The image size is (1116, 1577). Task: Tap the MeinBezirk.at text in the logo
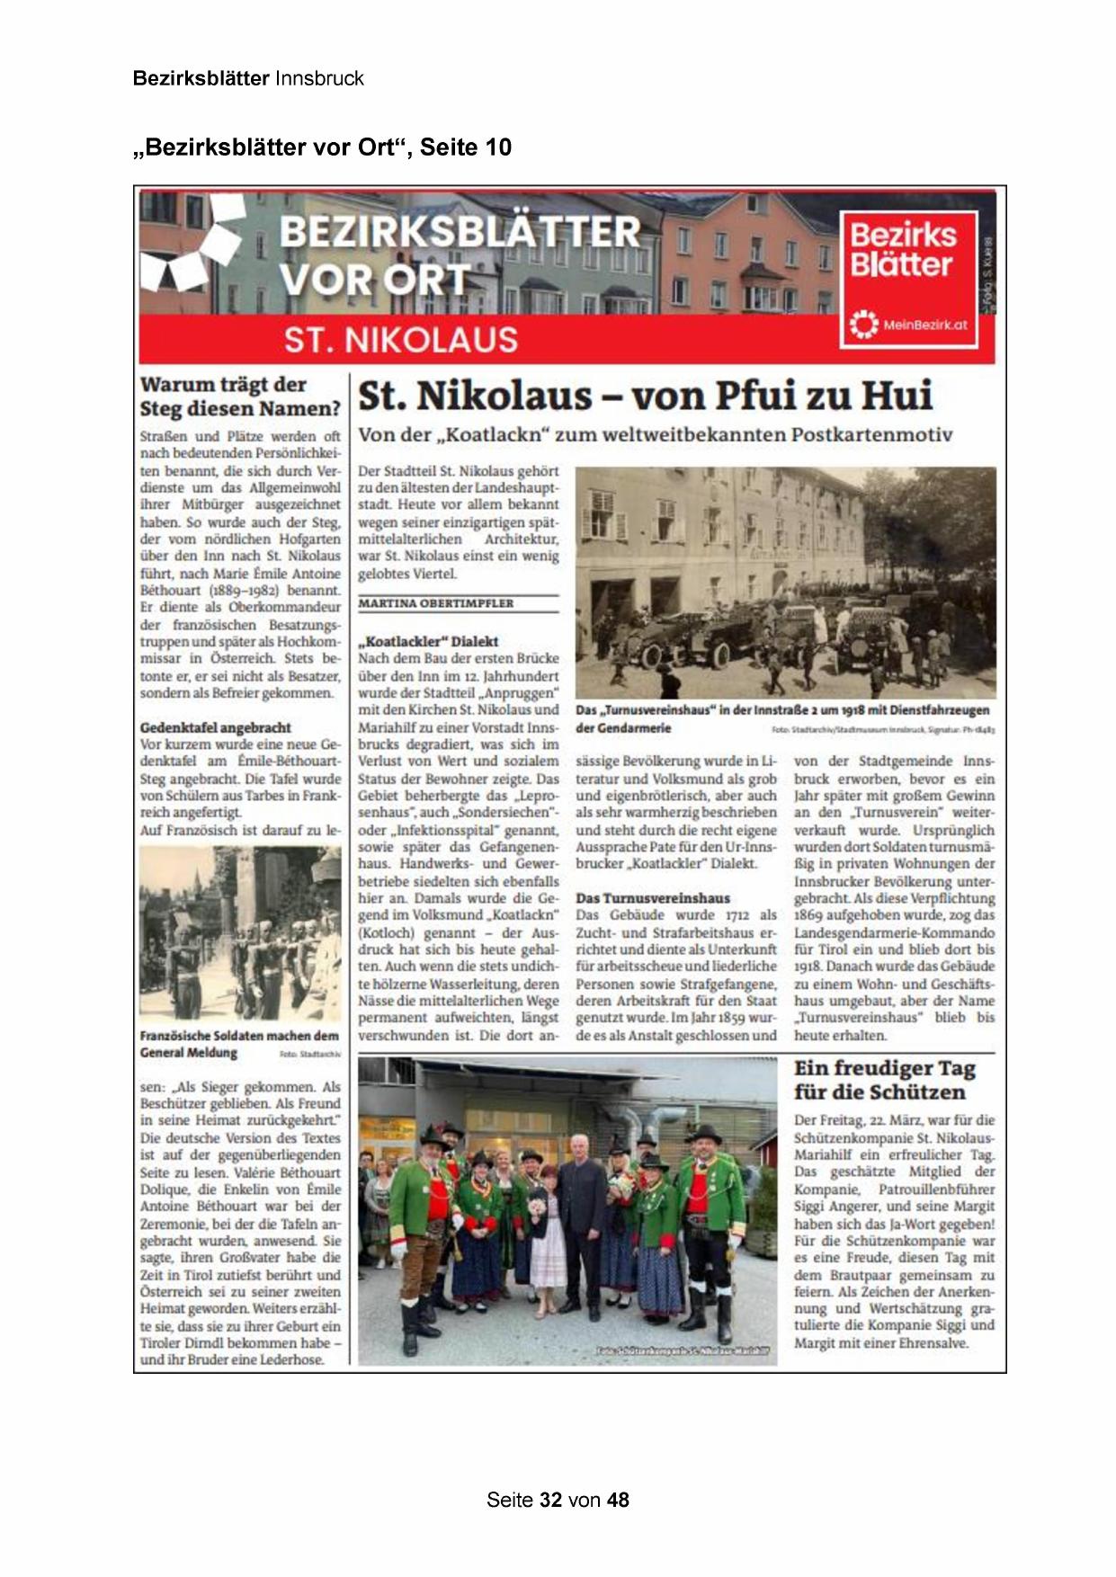click(x=924, y=325)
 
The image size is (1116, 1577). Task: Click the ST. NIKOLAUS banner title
click(x=401, y=340)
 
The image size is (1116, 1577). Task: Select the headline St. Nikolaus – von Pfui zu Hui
click(x=645, y=396)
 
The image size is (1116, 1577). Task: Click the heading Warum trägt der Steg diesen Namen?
click(x=240, y=396)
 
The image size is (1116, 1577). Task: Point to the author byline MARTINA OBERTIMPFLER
click(x=436, y=603)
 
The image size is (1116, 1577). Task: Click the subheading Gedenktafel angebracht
click(x=216, y=727)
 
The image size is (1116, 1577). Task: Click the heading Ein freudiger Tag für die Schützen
click(x=884, y=1080)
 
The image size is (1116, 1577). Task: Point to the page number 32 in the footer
click(x=551, y=1500)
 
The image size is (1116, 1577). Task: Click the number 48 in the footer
click(x=618, y=1500)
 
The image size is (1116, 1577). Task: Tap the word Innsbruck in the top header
click(x=319, y=78)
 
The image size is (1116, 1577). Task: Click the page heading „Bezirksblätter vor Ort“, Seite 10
click(x=322, y=147)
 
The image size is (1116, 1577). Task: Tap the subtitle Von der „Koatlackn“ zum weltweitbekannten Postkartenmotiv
click(x=655, y=435)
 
